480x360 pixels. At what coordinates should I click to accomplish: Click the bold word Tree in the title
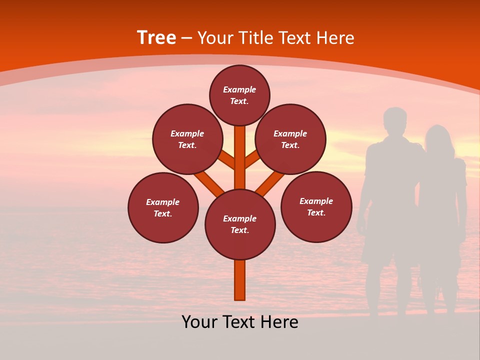point(156,38)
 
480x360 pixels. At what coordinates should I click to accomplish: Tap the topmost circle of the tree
point(239,95)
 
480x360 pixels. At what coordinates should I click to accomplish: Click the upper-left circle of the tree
point(187,139)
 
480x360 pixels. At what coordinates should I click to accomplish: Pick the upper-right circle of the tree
point(290,139)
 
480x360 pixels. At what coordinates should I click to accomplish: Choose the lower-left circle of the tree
point(163,208)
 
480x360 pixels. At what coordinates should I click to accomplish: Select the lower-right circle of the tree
point(316,207)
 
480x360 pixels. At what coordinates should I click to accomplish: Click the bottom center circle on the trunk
point(240,224)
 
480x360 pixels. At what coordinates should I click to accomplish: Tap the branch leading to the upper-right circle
point(252,159)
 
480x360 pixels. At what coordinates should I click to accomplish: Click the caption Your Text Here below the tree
point(240,322)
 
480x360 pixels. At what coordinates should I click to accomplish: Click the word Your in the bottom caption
point(200,322)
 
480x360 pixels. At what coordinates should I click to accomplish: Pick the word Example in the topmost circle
point(239,90)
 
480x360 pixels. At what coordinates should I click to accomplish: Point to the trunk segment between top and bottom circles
point(240,157)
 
